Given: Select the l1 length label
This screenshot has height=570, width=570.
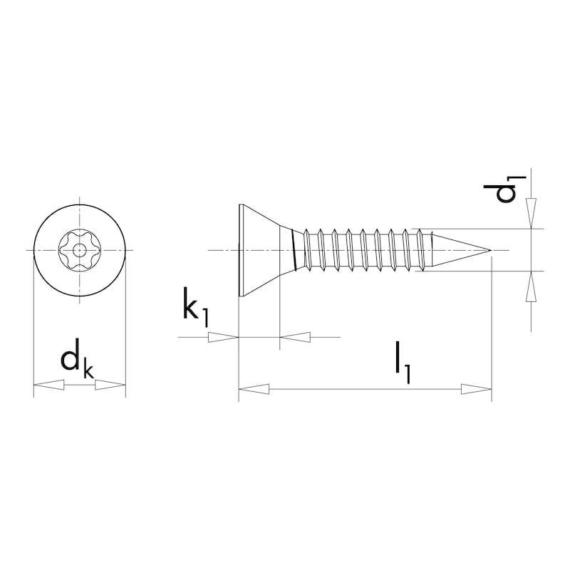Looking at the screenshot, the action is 403,362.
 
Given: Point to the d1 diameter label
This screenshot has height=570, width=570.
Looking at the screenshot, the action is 504,189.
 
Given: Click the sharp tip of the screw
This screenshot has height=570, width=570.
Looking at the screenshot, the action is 492,251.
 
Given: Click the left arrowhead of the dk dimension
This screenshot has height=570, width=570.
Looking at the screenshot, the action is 48,385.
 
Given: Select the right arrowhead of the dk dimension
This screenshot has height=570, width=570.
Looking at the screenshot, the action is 110,385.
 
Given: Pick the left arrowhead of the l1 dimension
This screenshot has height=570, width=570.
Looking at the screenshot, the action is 254,389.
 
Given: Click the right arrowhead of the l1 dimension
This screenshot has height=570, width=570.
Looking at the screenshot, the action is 476,389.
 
